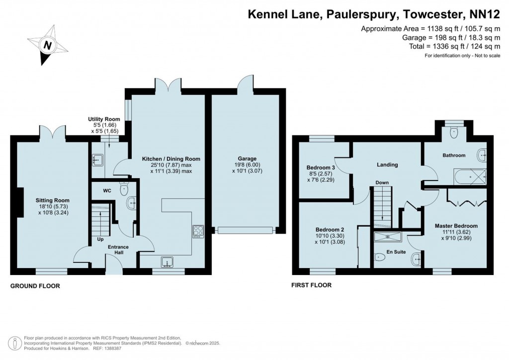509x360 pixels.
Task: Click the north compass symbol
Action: [48, 45]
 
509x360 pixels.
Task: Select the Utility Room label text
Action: [104, 119]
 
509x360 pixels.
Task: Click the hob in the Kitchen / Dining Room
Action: [198, 231]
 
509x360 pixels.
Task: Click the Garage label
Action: [247, 159]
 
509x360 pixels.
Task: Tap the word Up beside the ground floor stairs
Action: [100, 239]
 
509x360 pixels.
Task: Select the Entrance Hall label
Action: [118, 250]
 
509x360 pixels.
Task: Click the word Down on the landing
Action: [382, 182]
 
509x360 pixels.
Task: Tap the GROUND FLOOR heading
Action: [35, 286]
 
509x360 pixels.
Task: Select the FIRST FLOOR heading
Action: [311, 285]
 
